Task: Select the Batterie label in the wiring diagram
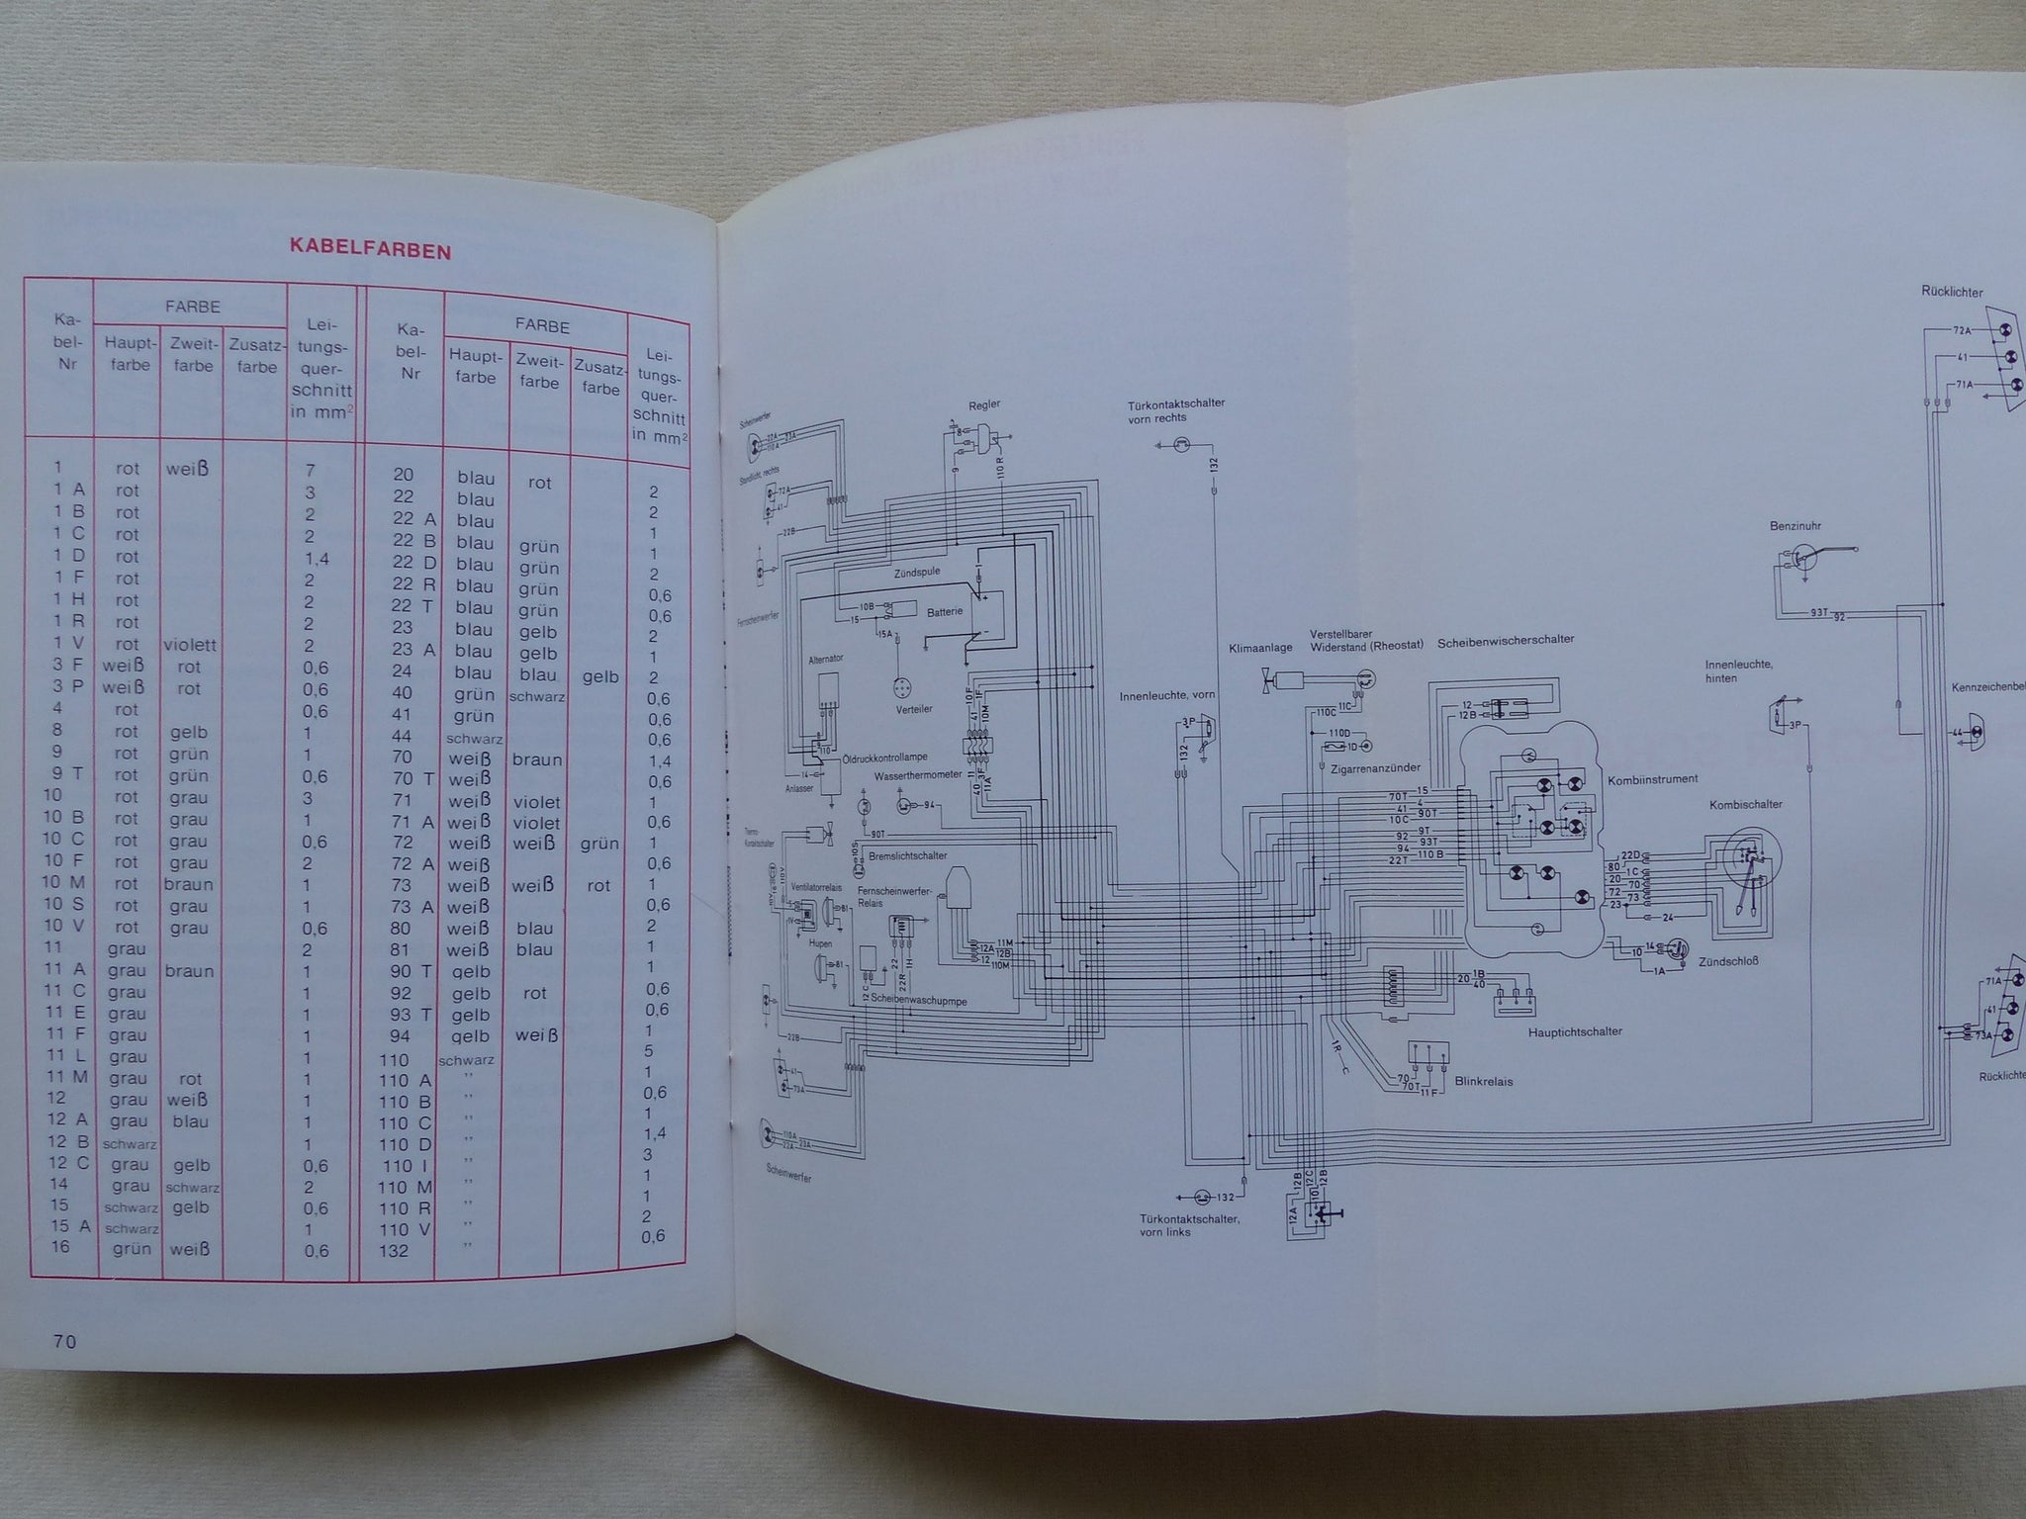tap(944, 612)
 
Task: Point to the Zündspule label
tap(915, 572)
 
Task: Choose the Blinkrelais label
tap(1484, 1081)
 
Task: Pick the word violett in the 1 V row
tap(193, 645)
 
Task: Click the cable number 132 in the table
tap(394, 1250)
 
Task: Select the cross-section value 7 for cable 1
tap(311, 470)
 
